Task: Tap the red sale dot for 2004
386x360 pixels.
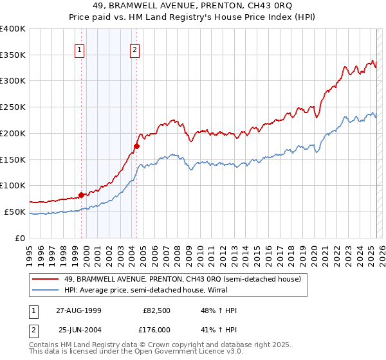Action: pyautogui.click(x=136, y=146)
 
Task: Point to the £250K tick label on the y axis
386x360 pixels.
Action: pyautogui.click(x=13, y=107)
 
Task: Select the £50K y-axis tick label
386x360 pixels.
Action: pyautogui.click(x=15, y=212)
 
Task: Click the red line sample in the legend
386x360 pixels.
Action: pyautogui.click(x=45, y=279)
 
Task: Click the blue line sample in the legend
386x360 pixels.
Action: pyautogui.click(x=45, y=290)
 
